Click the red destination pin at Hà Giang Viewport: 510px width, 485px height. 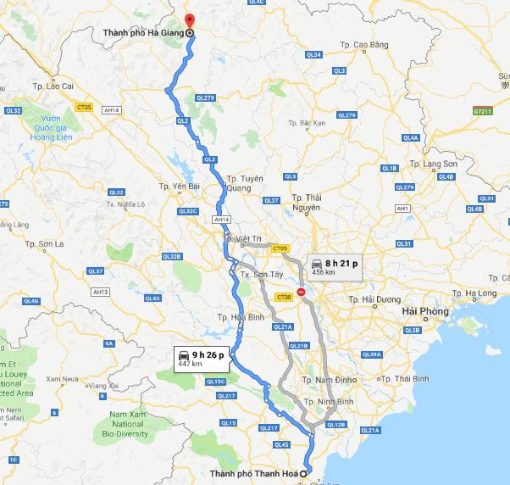[x=190, y=21]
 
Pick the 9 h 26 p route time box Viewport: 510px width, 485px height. [x=201, y=357]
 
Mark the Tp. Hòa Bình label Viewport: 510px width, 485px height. [x=235, y=317]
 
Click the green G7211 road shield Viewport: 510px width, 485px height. [x=483, y=110]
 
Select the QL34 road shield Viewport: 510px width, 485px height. [x=314, y=54]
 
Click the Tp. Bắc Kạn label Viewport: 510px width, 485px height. [x=306, y=123]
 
